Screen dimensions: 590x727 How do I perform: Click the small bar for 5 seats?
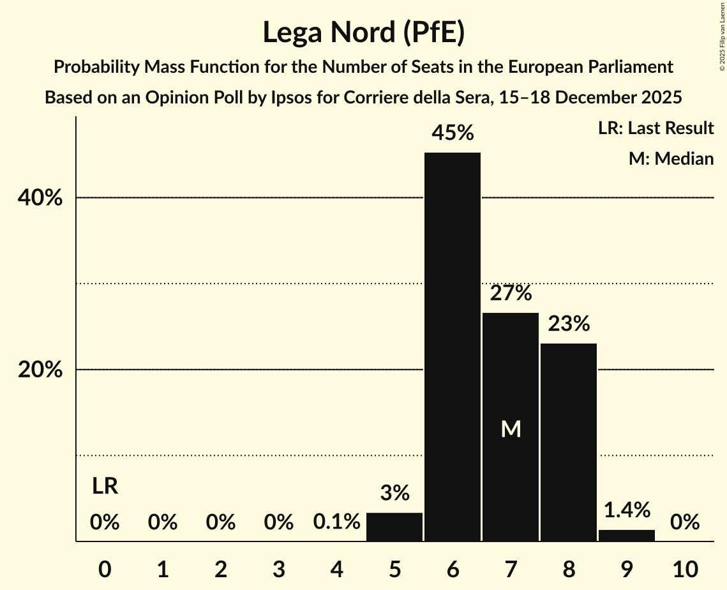pyautogui.click(x=394, y=527)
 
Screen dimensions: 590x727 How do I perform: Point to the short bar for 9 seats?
pyautogui.click(x=627, y=535)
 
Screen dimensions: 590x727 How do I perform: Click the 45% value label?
pyautogui.click(x=453, y=133)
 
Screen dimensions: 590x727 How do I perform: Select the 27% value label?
pyautogui.click(x=511, y=293)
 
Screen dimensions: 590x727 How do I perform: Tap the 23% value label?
pyautogui.click(x=569, y=324)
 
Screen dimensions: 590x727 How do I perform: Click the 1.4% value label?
pyautogui.click(x=627, y=510)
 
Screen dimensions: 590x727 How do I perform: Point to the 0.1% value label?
pyautogui.click(x=336, y=522)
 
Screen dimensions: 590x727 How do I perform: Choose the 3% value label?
pyautogui.click(x=394, y=493)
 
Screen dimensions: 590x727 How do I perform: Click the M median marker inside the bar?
pyautogui.click(x=511, y=429)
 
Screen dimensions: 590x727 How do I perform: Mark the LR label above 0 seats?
pyautogui.click(x=105, y=487)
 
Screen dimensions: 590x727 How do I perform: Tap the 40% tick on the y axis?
pyautogui.click(x=40, y=198)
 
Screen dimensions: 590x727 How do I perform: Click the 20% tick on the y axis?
pyautogui.click(x=40, y=370)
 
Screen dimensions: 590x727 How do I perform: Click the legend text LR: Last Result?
pyautogui.click(x=656, y=128)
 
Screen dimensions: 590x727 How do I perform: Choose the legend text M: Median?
pyautogui.click(x=671, y=158)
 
